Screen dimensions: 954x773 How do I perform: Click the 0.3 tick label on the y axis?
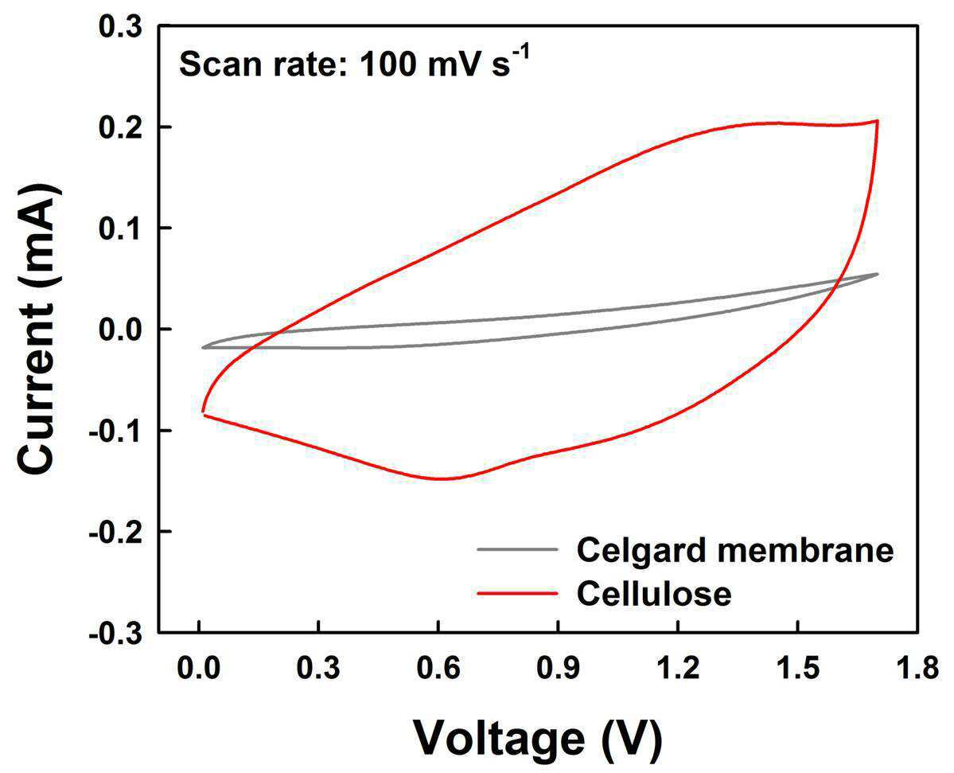pos(119,26)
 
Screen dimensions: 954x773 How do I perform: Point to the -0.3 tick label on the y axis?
pos(115,634)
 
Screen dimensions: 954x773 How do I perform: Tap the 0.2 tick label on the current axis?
pos(119,127)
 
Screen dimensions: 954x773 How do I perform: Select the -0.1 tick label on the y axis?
pos(115,431)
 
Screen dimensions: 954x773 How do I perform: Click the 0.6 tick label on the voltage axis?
pos(438,669)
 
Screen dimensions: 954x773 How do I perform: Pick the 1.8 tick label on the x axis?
pos(917,669)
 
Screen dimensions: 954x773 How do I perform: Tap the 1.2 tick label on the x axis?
pos(678,669)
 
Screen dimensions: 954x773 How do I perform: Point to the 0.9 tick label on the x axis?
pos(558,669)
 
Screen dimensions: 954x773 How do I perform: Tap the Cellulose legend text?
pos(654,593)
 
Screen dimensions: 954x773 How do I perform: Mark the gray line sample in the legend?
pos(517,549)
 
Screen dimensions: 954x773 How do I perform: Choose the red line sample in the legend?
pos(517,593)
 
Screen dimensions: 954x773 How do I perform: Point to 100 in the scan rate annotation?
pos(388,64)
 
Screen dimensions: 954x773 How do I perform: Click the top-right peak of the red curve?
pos(877,121)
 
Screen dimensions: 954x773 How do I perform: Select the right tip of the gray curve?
pos(878,274)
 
